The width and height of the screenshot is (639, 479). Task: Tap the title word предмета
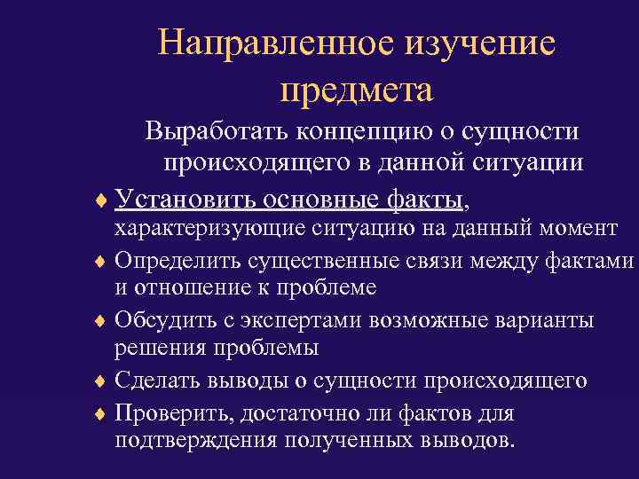coord(356,90)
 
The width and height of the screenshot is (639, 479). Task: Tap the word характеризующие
coord(209,229)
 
